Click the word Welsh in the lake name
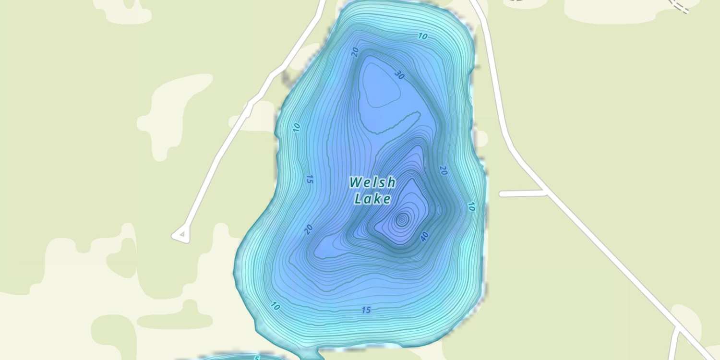coord(372,182)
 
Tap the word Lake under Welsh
coord(372,198)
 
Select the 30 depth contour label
coord(399,74)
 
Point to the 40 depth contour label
coord(424,236)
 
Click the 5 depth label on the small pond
coord(257,358)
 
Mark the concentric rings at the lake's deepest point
coord(402,220)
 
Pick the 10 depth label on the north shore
coord(422,36)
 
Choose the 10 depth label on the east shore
coord(471,206)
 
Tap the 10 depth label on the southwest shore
coord(276,306)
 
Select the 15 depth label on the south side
coord(366,310)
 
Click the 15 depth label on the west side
coord(310,180)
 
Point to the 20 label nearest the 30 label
coord(355,52)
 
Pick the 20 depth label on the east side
coord(443,170)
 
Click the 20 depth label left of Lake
coord(309,229)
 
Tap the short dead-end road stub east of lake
coord(522,193)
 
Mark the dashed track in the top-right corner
coord(679,6)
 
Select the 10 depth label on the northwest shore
coord(296,127)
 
